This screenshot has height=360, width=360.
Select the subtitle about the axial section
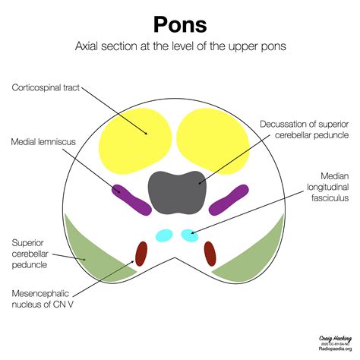180,47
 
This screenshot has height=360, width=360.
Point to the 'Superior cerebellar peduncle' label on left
33,254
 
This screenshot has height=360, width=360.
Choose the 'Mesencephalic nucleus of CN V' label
48,298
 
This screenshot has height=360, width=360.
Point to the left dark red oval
141,253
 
